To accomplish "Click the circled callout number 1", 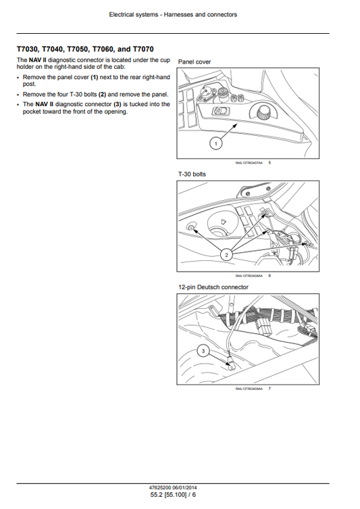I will (x=215, y=143).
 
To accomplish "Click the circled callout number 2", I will (x=226, y=254).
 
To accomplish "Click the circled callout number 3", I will (x=201, y=349).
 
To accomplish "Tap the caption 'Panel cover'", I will (x=195, y=62).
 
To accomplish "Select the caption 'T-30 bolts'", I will (x=192, y=174).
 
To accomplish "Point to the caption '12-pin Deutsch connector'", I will (x=213, y=287).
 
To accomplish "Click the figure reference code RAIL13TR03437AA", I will (x=248, y=163).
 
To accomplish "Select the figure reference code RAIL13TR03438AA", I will (x=248, y=276).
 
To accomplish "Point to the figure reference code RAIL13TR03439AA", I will (x=248, y=389).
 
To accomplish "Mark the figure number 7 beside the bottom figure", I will (x=269, y=389).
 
